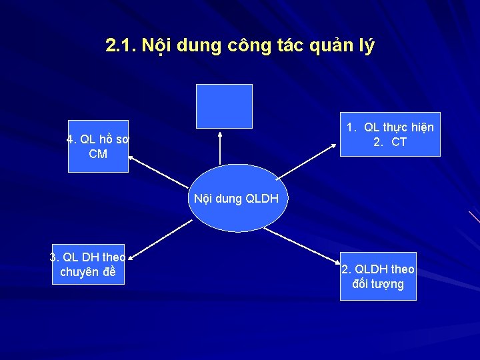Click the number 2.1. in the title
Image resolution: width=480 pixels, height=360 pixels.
pyautogui.click(x=121, y=45)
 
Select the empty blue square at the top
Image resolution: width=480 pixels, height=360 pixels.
pyautogui.click(x=224, y=106)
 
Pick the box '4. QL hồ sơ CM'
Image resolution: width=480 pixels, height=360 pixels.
pyautogui.click(x=98, y=147)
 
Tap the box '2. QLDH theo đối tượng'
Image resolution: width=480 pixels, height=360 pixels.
pyautogui.click(x=378, y=277)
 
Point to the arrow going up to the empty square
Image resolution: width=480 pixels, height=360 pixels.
pyautogui.click(x=220, y=147)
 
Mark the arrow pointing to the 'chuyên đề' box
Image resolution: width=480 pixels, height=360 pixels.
pyautogui.click(x=160, y=239)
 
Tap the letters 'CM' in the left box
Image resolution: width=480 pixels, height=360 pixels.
pyautogui.click(x=98, y=154)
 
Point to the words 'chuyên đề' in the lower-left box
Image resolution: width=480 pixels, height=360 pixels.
pyautogui.click(x=88, y=272)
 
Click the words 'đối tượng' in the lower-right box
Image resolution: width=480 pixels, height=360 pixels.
pyautogui.click(x=378, y=284)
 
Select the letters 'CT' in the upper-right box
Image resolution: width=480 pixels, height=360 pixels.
pyautogui.click(x=399, y=141)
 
